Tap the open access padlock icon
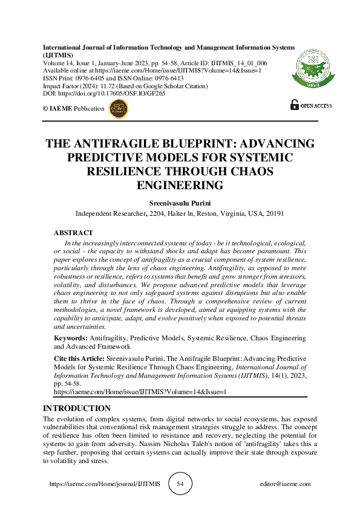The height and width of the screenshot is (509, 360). pos(295,105)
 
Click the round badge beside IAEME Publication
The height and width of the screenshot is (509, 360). pos(117,109)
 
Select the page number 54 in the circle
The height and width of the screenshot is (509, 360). pos(180,484)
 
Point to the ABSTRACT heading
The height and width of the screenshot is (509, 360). pos(73,233)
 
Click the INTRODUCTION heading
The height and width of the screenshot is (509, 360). pos(77,409)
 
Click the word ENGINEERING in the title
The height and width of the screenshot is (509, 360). pos(180,185)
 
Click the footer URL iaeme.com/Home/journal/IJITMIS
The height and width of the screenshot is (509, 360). pos(104,484)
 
